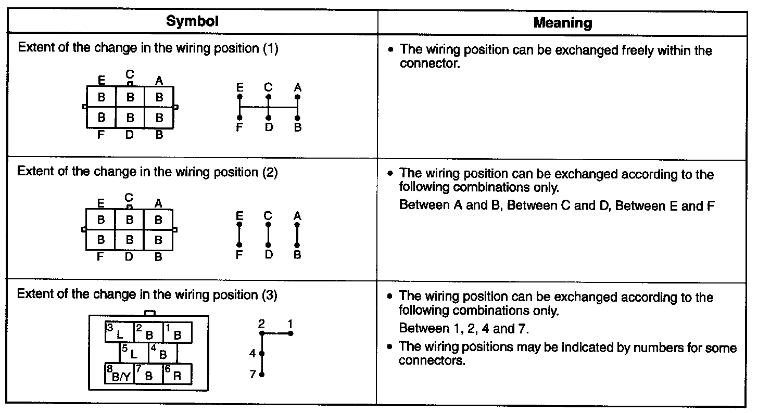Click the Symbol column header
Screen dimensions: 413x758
point(192,21)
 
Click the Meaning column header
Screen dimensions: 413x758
point(563,23)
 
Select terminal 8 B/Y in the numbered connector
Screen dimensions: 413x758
point(120,374)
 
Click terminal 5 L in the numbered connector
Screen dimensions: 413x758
point(134,353)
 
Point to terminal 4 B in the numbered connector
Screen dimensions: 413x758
point(162,353)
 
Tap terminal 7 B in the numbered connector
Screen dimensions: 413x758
point(148,374)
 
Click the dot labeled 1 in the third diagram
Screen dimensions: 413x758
point(291,333)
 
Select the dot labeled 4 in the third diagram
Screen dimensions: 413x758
point(262,354)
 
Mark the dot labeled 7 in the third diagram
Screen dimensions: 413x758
point(262,374)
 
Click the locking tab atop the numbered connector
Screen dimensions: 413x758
point(149,313)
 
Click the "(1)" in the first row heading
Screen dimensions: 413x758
point(270,49)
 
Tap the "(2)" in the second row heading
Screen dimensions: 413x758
point(269,173)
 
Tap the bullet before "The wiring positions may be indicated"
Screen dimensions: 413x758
point(390,348)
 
